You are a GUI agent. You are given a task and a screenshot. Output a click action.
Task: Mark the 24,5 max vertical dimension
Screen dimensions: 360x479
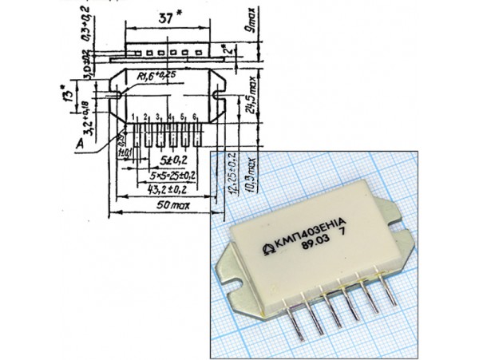click(253, 94)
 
